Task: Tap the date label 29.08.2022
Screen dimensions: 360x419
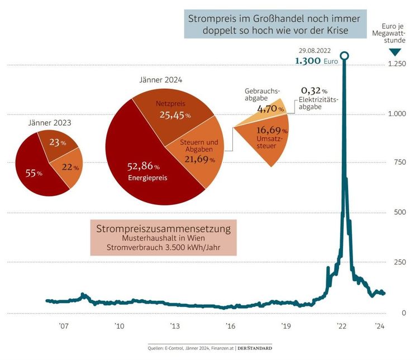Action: [318, 50]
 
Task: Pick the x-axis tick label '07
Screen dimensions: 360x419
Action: [63, 326]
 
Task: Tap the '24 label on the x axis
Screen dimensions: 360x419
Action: [379, 326]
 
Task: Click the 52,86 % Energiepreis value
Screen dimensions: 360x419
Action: [141, 166]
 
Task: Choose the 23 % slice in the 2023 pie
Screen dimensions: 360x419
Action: [56, 143]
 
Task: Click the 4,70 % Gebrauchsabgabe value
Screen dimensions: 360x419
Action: [270, 109]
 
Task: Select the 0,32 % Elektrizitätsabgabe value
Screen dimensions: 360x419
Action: [313, 90]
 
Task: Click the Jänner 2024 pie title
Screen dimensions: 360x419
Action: [161, 80]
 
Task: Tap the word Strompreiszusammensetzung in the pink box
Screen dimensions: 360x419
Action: [164, 229]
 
